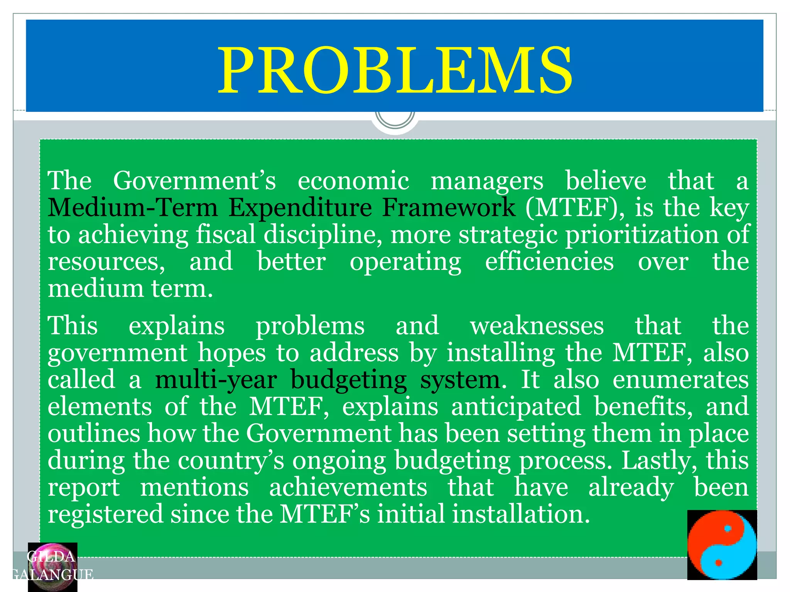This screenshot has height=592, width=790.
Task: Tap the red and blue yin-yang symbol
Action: pyautogui.click(x=722, y=545)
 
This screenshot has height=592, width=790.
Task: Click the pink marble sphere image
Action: pyautogui.click(x=52, y=567)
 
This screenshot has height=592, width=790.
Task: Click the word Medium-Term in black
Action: pyautogui.click(x=133, y=208)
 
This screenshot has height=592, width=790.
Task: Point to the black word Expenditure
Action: pyautogui.click(x=300, y=208)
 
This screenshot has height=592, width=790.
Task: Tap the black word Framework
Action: pyautogui.click(x=449, y=208)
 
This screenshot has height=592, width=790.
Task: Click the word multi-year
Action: pyautogui.click(x=216, y=380)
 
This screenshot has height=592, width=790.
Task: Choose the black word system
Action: pyautogui.click(x=460, y=380)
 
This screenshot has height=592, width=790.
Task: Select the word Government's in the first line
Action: pyautogui.click(x=194, y=181)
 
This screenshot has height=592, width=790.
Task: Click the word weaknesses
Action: pyautogui.click(x=537, y=326)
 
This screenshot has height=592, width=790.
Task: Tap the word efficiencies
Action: pyautogui.click(x=549, y=262)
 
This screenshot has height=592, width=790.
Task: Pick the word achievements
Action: pyautogui.click(x=348, y=488)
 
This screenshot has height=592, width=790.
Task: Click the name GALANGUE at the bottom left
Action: pyautogui.click(x=52, y=575)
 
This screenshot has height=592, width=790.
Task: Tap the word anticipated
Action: pyautogui.click(x=516, y=407)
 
